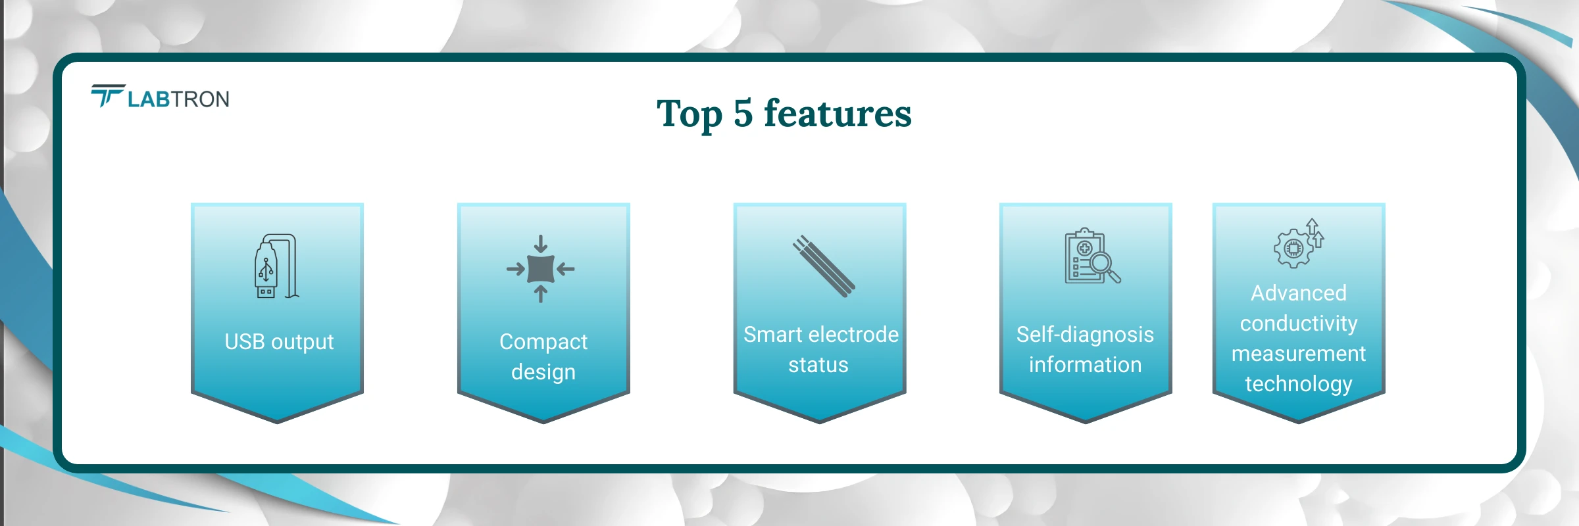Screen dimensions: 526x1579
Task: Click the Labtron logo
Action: click(161, 97)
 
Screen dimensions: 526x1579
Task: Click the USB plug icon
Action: click(276, 266)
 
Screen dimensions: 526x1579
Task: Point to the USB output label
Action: click(279, 342)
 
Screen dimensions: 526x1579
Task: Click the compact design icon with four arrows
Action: click(541, 268)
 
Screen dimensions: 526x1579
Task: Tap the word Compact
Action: click(543, 342)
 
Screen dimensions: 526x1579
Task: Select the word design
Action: click(543, 372)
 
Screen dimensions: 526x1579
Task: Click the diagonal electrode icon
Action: click(823, 266)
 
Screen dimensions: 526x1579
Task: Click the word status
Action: click(818, 365)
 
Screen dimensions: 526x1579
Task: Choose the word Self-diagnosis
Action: click(1085, 335)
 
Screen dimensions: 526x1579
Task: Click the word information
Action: click(1085, 365)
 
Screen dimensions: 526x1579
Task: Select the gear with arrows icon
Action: click(1299, 244)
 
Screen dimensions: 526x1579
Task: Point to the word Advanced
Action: click(1299, 293)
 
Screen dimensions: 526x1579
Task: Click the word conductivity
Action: click(1299, 323)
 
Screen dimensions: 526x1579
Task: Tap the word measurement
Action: click(1299, 354)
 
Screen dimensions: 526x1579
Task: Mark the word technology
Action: click(1299, 384)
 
